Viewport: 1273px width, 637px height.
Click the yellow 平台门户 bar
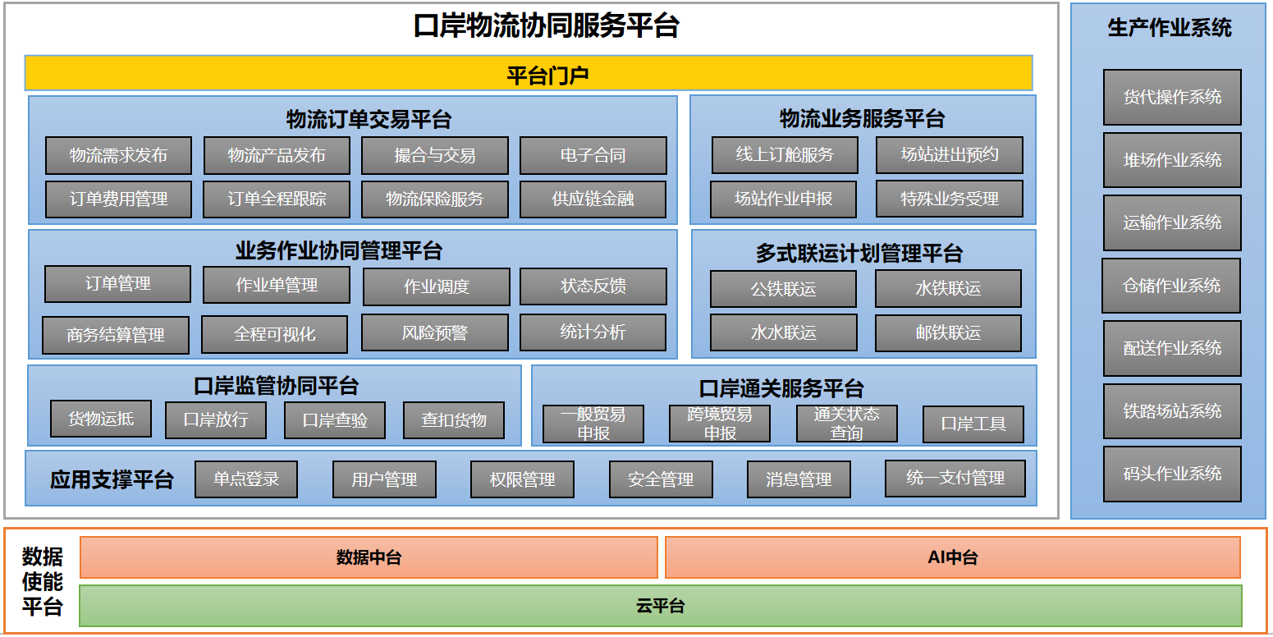[x=529, y=73]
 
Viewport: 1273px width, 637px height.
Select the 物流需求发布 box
[x=118, y=155]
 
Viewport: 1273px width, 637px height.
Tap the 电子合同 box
[x=593, y=155]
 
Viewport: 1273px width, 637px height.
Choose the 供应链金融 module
[x=593, y=199]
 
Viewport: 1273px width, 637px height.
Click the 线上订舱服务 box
[x=785, y=154]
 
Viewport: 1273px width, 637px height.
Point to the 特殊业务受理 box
[x=949, y=199]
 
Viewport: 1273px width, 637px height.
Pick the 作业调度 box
[x=436, y=286]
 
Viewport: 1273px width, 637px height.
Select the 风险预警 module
[x=435, y=332]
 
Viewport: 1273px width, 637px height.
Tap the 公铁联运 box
[x=783, y=289]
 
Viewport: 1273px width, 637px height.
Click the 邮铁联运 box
[x=948, y=333]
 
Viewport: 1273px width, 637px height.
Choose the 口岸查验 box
[x=335, y=420]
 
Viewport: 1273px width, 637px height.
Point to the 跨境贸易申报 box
[x=720, y=424]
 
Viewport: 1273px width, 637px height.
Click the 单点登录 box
[x=246, y=479]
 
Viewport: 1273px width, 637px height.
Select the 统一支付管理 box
[x=955, y=478]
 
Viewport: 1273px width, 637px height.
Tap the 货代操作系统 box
[x=1172, y=97]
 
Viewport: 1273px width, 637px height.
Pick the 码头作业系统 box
[x=1172, y=474]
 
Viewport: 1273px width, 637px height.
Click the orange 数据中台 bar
[x=369, y=557]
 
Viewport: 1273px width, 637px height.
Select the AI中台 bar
[x=952, y=557]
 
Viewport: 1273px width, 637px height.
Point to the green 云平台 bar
[x=661, y=606]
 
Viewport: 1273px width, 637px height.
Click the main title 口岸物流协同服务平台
[x=546, y=26]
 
